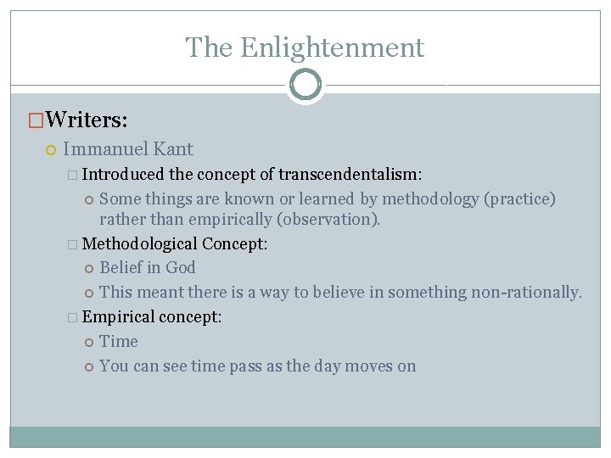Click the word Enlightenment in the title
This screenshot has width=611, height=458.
(332, 47)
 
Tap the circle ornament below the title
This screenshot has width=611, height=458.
(305, 85)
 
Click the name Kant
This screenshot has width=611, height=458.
(173, 149)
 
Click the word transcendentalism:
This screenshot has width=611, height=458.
(352, 175)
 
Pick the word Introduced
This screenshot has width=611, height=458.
(123, 175)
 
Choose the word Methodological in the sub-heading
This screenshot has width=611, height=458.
(140, 244)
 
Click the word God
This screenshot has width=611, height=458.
(181, 268)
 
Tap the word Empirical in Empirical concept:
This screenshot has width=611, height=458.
(119, 317)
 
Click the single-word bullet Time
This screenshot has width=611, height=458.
(119, 342)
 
